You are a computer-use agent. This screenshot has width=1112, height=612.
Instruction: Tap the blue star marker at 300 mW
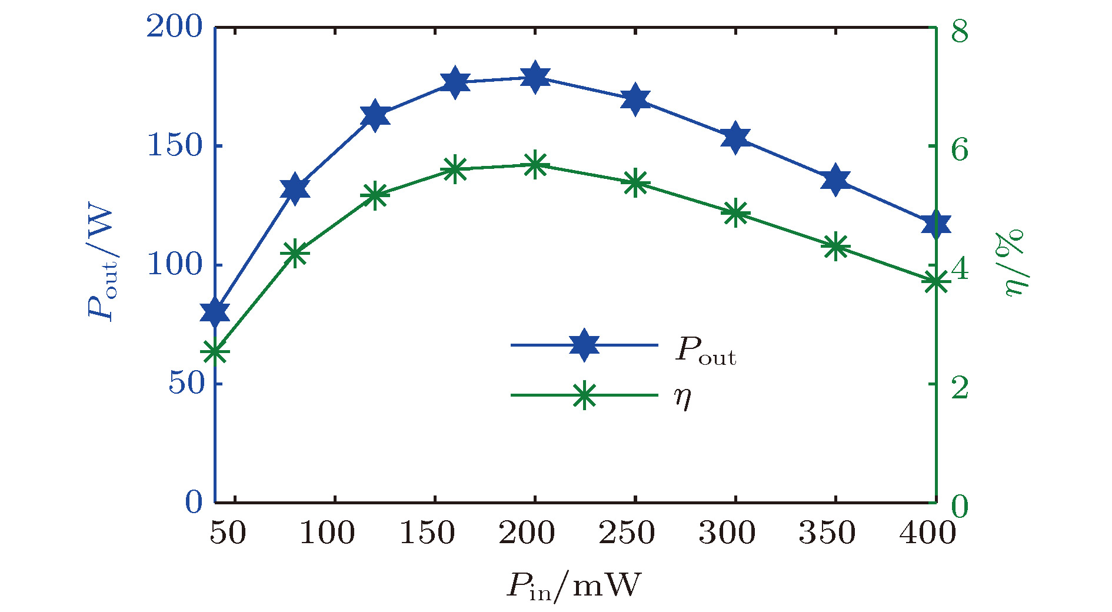735,138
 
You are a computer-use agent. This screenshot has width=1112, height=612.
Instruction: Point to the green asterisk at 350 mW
835,246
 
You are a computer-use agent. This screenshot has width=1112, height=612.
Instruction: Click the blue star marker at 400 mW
935,224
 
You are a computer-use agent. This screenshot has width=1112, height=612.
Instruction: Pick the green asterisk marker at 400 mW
935,282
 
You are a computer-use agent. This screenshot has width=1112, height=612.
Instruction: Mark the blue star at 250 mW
635,99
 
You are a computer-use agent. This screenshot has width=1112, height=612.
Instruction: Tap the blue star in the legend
584,345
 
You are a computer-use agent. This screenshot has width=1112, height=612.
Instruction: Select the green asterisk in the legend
584,395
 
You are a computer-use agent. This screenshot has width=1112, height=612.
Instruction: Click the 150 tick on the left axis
174,145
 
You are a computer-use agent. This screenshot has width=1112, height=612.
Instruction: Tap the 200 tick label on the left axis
174,27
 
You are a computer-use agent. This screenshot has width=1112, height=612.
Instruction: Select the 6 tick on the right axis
960,149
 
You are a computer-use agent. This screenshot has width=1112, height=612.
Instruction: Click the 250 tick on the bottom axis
627,533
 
